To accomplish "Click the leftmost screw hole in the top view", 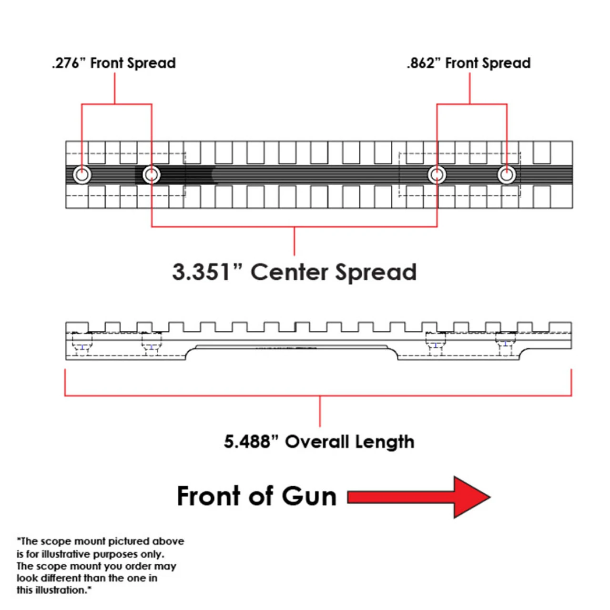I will click(82, 175).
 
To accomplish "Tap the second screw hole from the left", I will click(152, 175).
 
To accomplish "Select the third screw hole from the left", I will click(437, 175).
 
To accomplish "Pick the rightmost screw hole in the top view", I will click(507, 175).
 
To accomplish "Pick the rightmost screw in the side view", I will click(505, 344).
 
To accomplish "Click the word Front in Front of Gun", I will click(208, 496).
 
